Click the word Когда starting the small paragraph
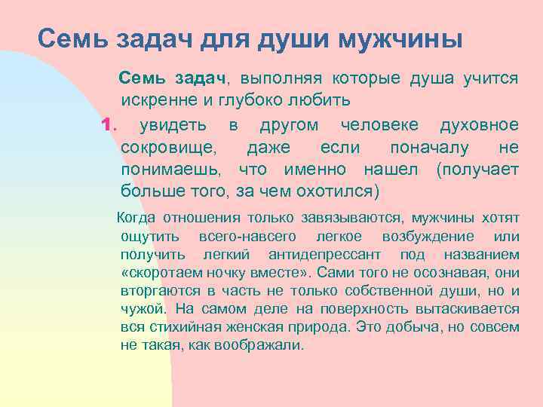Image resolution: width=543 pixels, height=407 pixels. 137,219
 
